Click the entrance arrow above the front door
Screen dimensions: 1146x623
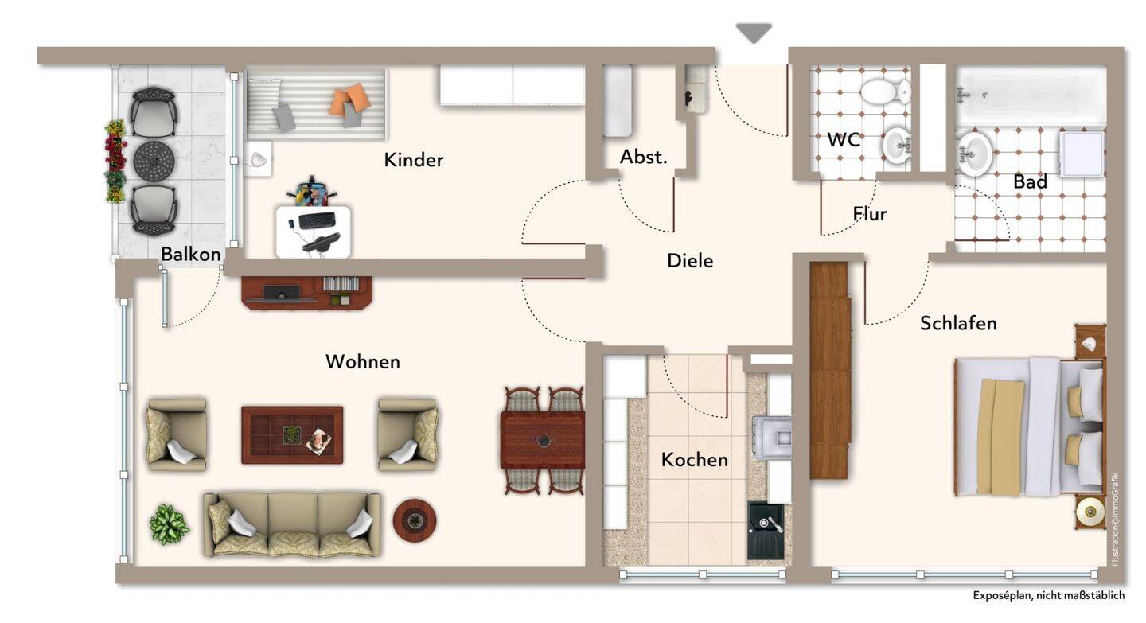[x=754, y=33]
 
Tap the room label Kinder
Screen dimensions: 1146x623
[x=413, y=160]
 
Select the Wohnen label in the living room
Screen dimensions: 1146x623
[x=363, y=362]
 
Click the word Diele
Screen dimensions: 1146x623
[x=690, y=261]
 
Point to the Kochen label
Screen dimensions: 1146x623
[x=694, y=460]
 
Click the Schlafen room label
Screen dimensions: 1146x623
[x=958, y=323]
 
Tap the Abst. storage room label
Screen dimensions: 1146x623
[x=644, y=157]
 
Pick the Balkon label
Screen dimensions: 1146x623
[x=191, y=255]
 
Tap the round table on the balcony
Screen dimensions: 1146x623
[x=154, y=161]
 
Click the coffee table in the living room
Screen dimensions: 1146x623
[x=292, y=435]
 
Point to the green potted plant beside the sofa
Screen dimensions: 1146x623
[x=170, y=524]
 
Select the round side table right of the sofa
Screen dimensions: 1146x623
[x=415, y=520]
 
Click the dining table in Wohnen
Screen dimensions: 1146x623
[x=543, y=441]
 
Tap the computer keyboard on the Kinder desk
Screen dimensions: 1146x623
[x=318, y=220]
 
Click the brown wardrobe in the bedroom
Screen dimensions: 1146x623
[x=830, y=370]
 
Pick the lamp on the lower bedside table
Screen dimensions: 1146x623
[x=1090, y=512]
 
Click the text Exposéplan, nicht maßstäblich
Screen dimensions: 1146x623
[x=1049, y=595]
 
